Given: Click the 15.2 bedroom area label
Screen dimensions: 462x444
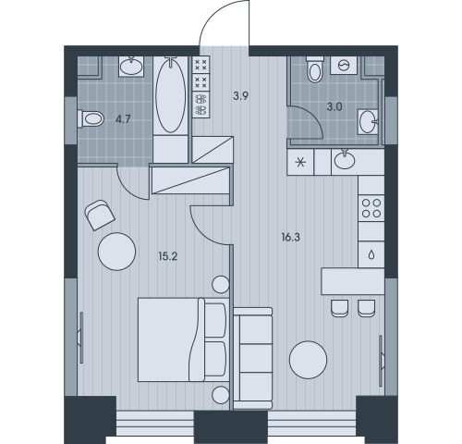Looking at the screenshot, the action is click(x=168, y=256).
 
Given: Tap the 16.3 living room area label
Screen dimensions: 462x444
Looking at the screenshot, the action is click(x=290, y=238).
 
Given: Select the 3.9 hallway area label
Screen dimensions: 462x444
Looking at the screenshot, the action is click(x=240, y=96).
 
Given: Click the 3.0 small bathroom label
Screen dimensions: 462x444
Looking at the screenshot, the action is click(x=334, y=107).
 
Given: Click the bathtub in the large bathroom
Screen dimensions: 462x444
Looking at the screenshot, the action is click(x=171, y=95).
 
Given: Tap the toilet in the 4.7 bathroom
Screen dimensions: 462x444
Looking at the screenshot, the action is click(x=91, y=118).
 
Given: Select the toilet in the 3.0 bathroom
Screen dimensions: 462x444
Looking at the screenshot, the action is click(x=314, y=69).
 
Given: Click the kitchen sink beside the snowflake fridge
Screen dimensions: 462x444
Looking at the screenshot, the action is click(x=345, y=159).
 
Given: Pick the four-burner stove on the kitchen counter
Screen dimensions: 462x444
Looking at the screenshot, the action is click(x=371, y=208).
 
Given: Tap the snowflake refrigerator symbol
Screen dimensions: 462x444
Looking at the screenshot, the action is click(x=300, y=162).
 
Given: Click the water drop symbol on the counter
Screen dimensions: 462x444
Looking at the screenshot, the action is click(x=371, y=254).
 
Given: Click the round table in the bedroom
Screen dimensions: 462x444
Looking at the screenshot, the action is click(x=116, y=252).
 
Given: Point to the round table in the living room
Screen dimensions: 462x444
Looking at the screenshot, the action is click(x=308, y=360).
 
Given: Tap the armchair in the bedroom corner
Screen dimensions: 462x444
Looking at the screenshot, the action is click(x=100, y=215).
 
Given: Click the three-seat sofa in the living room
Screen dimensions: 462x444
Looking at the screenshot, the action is click(x=253, y=358).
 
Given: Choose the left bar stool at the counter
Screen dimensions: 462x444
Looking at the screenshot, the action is click(x=340, y=308).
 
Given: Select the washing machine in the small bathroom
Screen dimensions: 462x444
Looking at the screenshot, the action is click(x=344, y=65).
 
